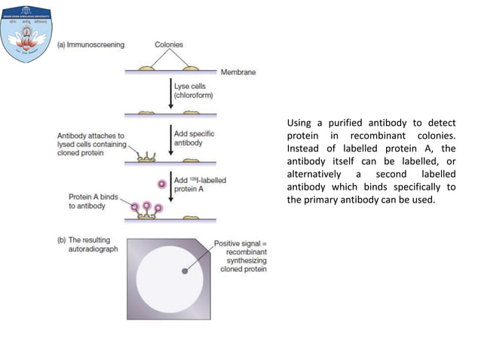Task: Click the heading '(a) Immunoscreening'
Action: click(90, 44)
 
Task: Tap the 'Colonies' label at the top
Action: click(169, 44)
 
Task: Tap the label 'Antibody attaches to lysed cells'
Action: click(90, 143)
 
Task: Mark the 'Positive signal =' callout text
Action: click(240, 243)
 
